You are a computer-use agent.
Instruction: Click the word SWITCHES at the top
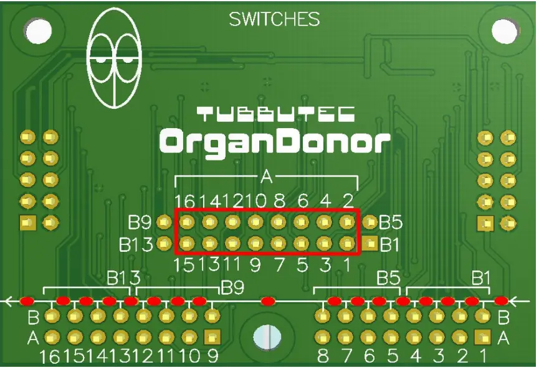tap(274, 20)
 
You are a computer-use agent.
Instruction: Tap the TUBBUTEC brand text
tap(276, 114)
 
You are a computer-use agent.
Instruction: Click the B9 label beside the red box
tap(140, 222)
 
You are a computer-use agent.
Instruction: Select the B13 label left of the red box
tap(136, 244)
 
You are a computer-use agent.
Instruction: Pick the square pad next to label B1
tap(370, 243)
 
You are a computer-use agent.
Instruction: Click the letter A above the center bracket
tap(267, 178)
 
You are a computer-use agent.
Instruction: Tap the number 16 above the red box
tap(185, 201)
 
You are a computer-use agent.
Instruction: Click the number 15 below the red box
tap(185, 265)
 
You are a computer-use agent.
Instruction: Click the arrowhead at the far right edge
tap(515, 302)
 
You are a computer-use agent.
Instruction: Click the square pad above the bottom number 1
tap(481, 338)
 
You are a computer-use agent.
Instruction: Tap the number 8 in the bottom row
tap(322, 358)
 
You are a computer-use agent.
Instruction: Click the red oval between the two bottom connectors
tap(268, 302)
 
